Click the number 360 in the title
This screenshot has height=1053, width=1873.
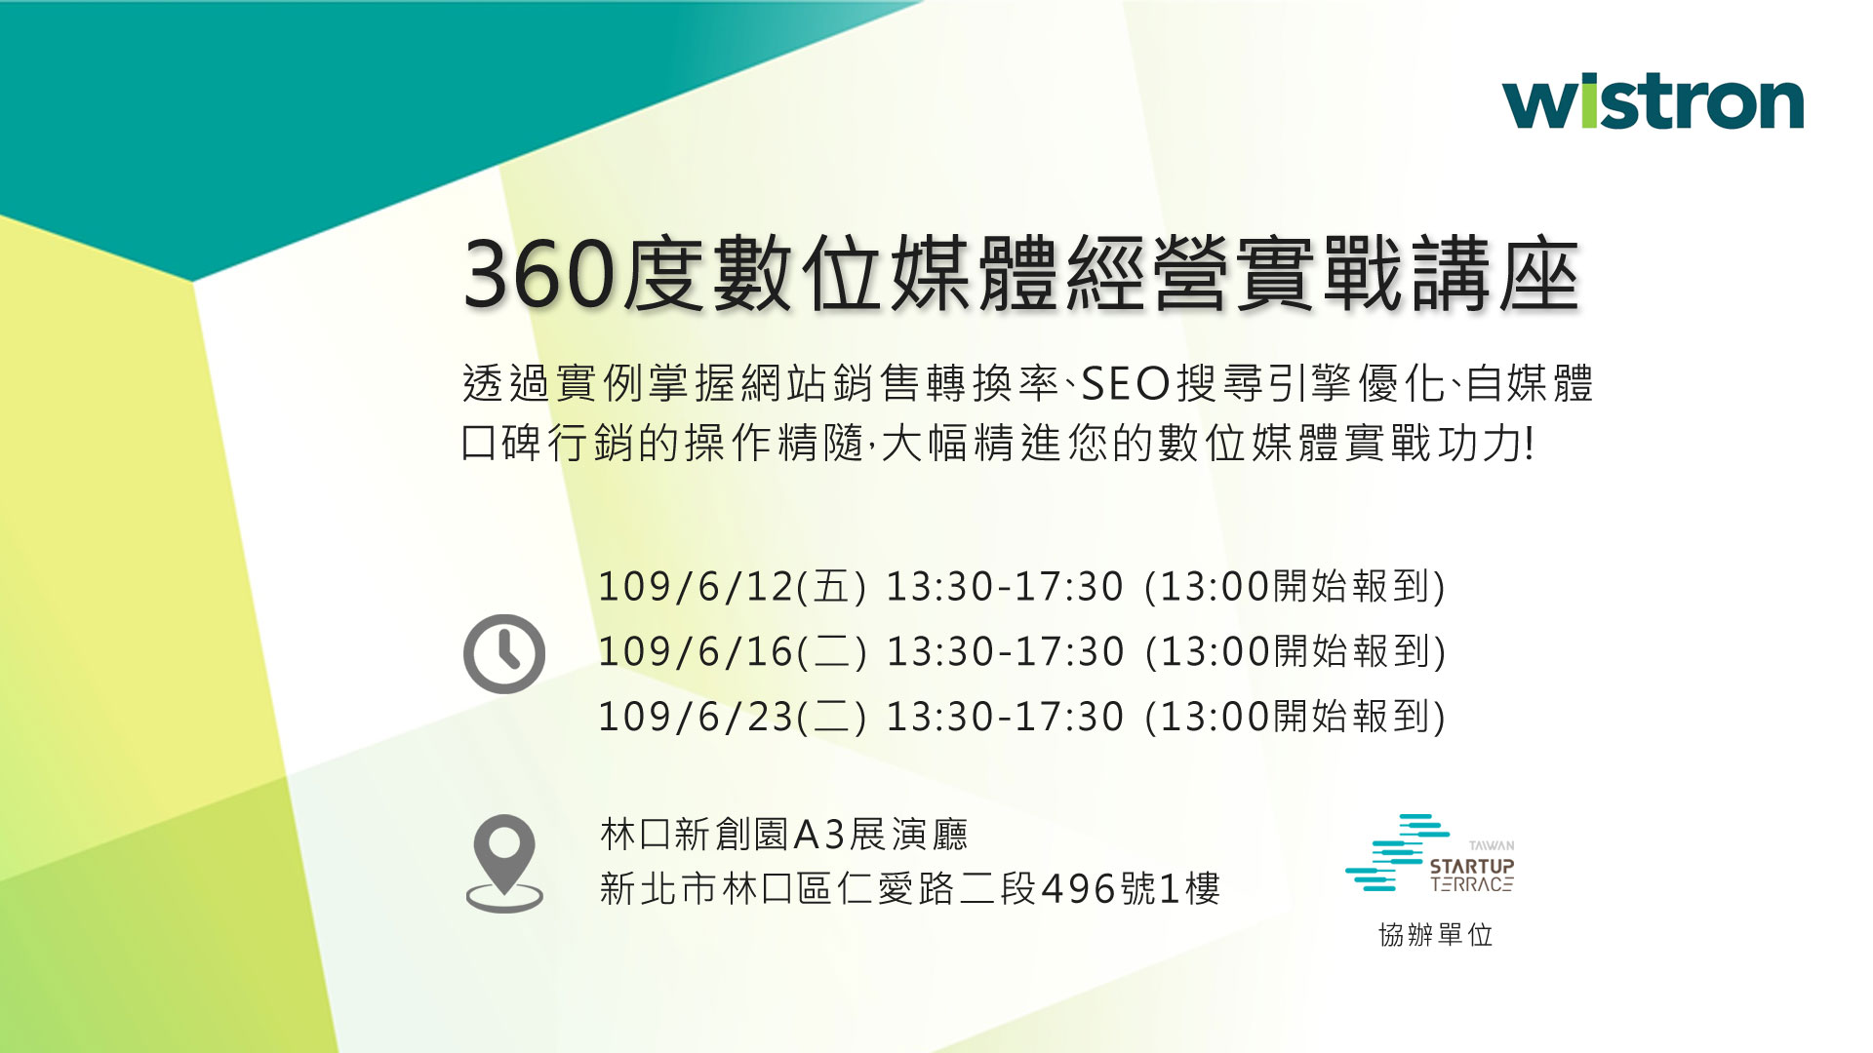pos(539,274)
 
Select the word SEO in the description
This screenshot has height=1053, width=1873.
pos(1125,383)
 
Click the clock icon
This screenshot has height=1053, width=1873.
pos(504,653)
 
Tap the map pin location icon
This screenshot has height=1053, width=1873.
pos(504,863)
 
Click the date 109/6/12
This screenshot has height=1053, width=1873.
pos(696,587)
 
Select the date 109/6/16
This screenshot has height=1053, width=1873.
pos(696,652)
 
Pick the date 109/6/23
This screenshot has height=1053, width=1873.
pos(696,718)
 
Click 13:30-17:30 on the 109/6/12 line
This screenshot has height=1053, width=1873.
pos(1005,587)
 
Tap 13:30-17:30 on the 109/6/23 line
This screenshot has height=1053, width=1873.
pos(1005,718)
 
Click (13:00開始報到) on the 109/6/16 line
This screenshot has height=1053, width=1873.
pos(1295,652)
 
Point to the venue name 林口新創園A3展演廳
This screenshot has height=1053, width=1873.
pos(784,835)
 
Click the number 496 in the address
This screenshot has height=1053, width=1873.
pos(1079,889)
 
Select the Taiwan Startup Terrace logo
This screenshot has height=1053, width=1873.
pos(1430,853)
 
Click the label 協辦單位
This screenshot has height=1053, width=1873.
pos(1435,935)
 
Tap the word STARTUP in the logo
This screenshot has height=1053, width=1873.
pos(1472,866)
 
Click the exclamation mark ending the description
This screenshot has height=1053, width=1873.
pos(1529,444)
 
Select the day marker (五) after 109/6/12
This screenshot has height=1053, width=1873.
pos(831,587)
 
